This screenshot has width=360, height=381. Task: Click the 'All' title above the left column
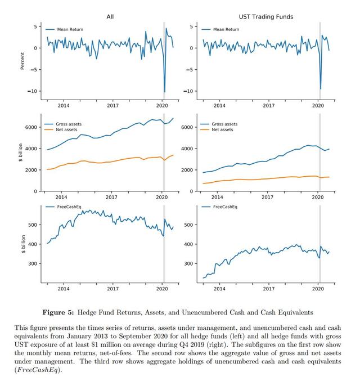click(110, 16)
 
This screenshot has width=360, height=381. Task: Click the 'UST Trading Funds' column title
click(266, 17)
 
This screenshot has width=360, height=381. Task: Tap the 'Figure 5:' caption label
click(58, 312)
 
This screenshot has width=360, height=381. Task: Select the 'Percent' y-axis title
click(22, 61)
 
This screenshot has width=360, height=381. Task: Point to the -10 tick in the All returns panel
click(32, 91)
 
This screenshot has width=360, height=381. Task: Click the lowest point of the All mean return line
click(165, 92)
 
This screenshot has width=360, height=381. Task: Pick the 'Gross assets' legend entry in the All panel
click(63, 124)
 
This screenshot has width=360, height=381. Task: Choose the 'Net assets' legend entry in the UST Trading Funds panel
click(217, 130)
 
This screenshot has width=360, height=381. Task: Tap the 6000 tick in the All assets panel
click(31, 127)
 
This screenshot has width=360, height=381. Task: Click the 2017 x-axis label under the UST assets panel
click(267, 197)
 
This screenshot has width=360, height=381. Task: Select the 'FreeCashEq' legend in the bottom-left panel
click(64, 207)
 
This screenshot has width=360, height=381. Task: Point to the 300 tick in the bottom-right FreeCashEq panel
click(189, 263)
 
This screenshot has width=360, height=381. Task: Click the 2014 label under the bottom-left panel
click(64, 289)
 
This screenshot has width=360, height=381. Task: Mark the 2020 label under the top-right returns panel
click(318, 105)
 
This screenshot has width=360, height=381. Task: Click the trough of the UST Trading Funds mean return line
click(321, 89)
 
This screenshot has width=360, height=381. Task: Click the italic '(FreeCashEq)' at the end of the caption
click(38, 370)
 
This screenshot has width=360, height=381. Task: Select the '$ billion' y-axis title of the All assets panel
click(21, 153)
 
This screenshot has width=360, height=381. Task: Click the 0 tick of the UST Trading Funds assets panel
click(191, 191)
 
